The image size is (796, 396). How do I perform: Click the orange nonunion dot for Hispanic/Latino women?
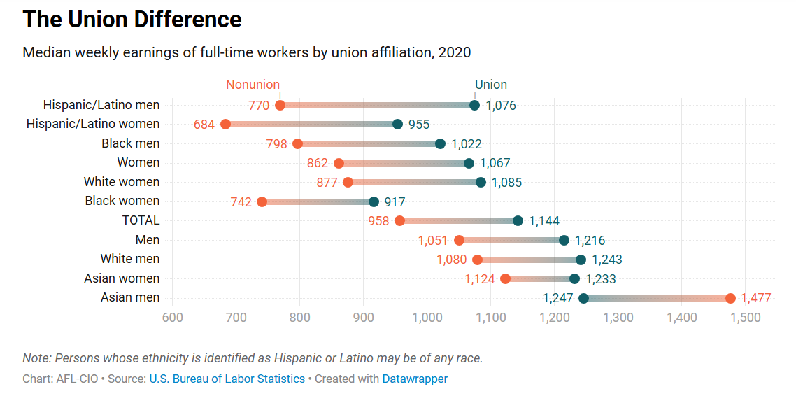point(225,125)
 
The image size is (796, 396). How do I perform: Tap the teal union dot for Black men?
point(440,144)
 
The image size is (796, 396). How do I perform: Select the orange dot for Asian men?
point(730,299)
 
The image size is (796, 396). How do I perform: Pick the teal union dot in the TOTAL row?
point(518,221)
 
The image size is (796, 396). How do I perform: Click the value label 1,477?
point(755,298)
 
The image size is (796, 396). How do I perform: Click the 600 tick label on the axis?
point(172,318)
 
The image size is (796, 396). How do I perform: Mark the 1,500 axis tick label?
point(745,318)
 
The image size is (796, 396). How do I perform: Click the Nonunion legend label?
point(253,85)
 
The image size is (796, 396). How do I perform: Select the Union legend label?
point(490,85)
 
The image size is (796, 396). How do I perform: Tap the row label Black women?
point(122,201)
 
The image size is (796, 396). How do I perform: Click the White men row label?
point(130,259)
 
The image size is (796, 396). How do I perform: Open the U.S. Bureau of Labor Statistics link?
point(227,379)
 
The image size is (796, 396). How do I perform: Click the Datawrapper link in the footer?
point(415,379)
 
